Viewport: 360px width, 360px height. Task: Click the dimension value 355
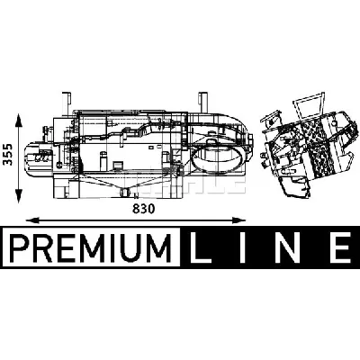pyautogui.click(x=8, y=154)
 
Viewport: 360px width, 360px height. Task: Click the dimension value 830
pyautogui.click(x=144, y=209)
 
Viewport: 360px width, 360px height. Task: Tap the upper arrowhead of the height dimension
pyautogui.click(x=19, y=120)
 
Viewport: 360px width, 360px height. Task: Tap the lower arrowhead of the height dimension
pyautogui.click(x=19, y=195)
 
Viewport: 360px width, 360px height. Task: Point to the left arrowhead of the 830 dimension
pyautogui.click(x=33, y=220)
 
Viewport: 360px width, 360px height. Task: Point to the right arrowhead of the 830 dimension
pyautogui.click(x=238, y=220)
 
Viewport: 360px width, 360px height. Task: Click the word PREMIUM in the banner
pyautogui.click(x=91, y=247)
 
